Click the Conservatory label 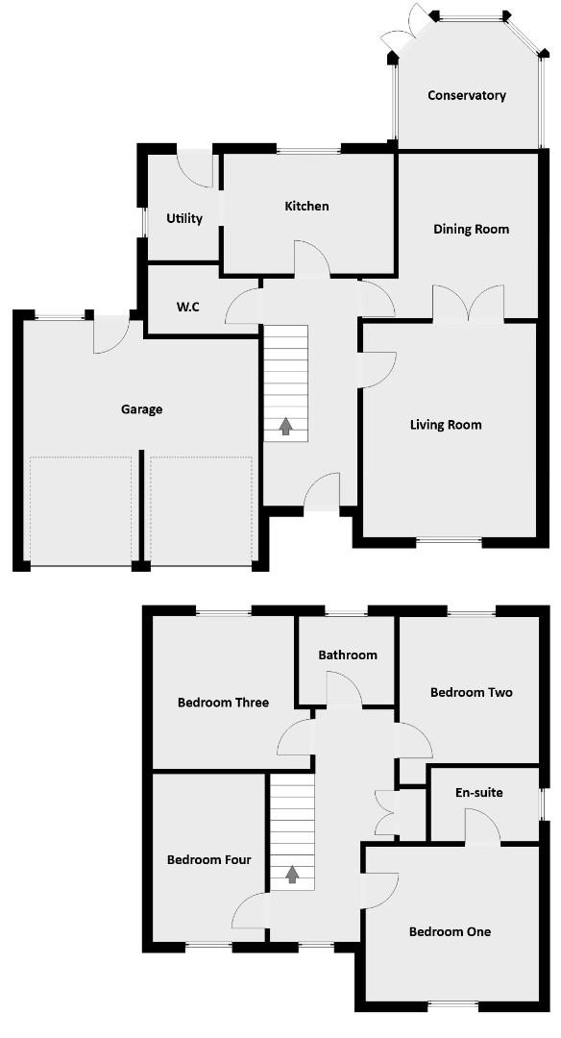tap(467, 95)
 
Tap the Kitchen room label tap(306, 206)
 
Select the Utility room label tap(184, 218)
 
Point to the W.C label tap(187, 308)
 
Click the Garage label tap(141, 408)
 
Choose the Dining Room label tap(471, 229)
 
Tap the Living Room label tap(446, 424)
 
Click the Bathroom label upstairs tap(348, 655)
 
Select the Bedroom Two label tap(471, 692)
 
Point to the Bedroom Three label tap(223, 702)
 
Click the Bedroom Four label tap(208, 859)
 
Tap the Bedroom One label tap(450, 931)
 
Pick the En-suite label tap(479, 793)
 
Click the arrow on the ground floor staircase tap(285, 426)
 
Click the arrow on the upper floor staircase tap(291, 874)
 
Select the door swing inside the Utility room tap(198, 169)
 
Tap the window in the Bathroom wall tap(346, 611)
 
